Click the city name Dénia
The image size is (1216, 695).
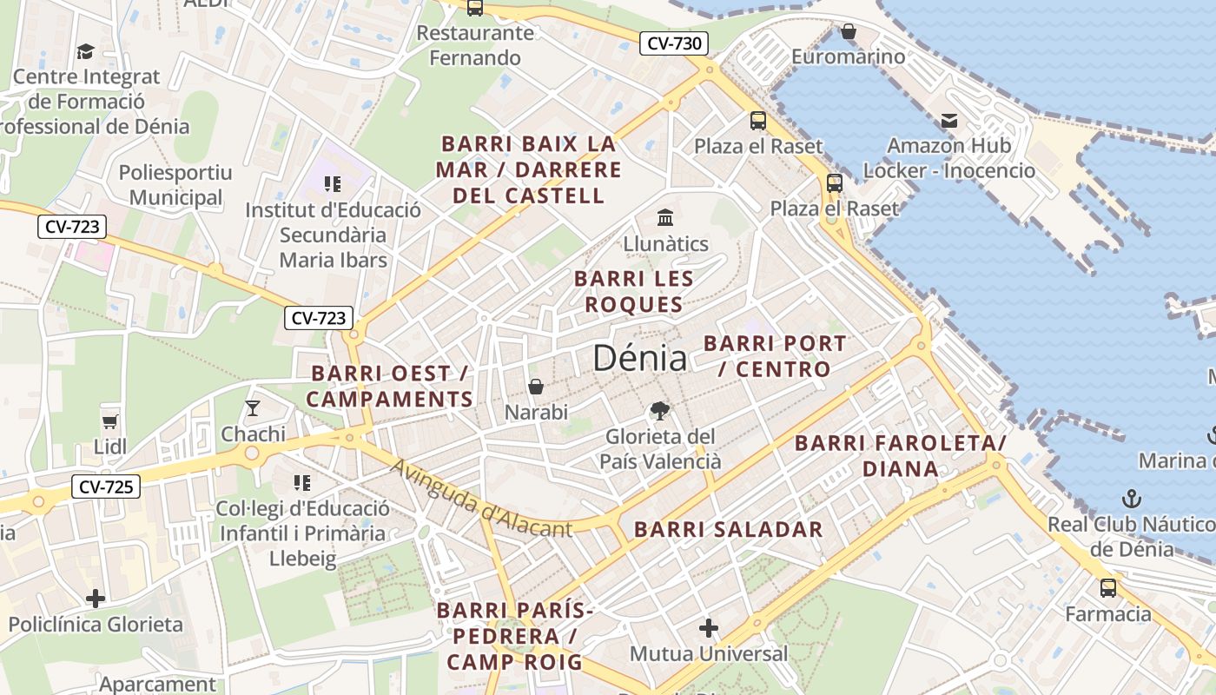click(x=639, y=358)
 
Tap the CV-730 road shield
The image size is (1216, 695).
click(x=674, y=43)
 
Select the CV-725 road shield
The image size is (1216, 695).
click(x=106, y=486)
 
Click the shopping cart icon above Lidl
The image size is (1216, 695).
click(x=110, y=421)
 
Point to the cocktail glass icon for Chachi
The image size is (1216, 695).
click(x=253, y=407)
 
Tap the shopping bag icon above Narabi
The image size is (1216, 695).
click(x=536, y=387)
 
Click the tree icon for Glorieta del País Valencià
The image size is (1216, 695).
click(x=660, y=411)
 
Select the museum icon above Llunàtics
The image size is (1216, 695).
click(x=665, y=217)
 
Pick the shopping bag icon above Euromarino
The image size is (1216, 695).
click(x=848, y=32)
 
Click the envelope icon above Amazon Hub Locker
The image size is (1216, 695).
click(x=948, y=120)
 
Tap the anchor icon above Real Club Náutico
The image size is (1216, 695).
click(x=1131, y=499)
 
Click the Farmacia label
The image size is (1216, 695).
click(x=1108, y=614)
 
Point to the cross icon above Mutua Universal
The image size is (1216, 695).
click(x=709, y=627)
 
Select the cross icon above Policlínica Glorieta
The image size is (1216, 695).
click(x=96, y=599)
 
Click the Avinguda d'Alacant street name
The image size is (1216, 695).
click(x=480, y=499)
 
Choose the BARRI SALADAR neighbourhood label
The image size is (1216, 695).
click(x=728, y=529)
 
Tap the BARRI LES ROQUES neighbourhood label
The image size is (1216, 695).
click(x=634, y=291)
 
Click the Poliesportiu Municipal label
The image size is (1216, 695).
click(x=175, y=184)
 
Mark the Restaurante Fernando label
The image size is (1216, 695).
click(x=475, y=45)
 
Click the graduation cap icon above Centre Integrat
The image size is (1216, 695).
click(x=85, y=51)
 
